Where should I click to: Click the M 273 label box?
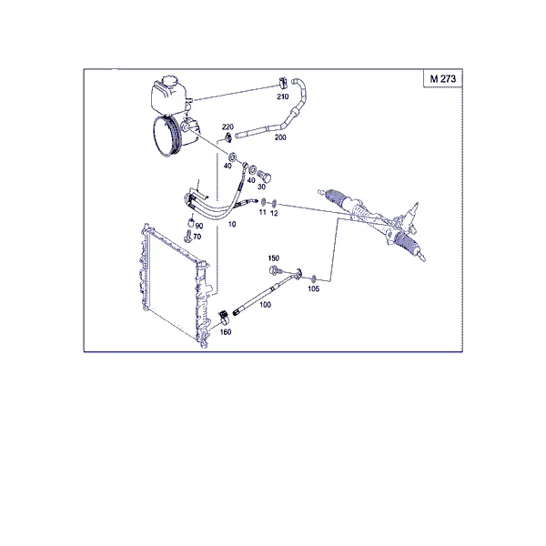tap(442, 78)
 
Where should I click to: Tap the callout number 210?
tap(283, 96)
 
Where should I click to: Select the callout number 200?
tap(280, 137)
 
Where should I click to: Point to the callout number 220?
tap(227, 126)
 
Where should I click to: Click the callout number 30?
tap(261, 187)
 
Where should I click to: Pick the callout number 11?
tap(263, 212)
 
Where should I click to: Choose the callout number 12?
tap(274, 213)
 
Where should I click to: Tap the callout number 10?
tap(232, 224)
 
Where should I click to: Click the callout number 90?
tap(199, 226)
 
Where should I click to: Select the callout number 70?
tap(197, 237)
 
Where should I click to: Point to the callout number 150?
tap(274, 258)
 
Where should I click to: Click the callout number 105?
tap(313, 288)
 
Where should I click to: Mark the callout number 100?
tap(265, 305)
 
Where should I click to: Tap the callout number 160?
tap(226, 332)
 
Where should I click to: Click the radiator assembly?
tap(175, 286)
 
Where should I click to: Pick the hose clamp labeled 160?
tap(223, 316)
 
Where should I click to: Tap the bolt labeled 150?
tap(275, 270)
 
